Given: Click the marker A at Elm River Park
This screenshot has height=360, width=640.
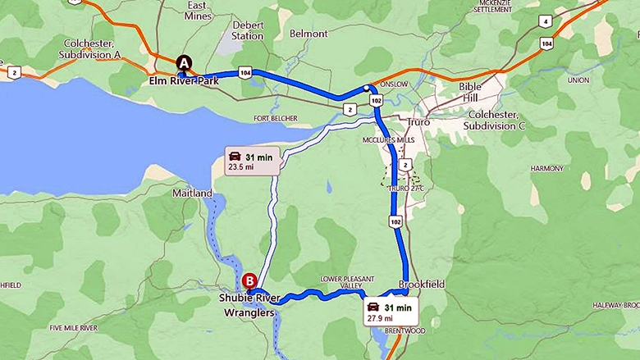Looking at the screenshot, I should [x=184, y=62].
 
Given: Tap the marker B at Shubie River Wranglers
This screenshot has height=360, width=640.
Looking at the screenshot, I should [x=249, y=280].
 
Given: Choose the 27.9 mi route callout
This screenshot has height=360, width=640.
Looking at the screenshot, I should [x=391, y=311].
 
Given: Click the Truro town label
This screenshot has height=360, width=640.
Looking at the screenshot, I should [x=418, y=122].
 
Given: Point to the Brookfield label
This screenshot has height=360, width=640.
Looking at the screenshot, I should [x=422, y=284].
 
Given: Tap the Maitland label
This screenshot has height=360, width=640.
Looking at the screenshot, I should [x=193, y=194].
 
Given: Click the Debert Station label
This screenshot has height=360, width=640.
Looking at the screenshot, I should [x=247, y=30].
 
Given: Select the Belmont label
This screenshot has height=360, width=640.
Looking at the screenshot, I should [x=309, y=34].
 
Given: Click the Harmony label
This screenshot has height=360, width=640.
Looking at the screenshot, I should [x=547, y=168].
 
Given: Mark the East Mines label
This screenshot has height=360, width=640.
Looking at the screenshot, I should [x=199, y=11].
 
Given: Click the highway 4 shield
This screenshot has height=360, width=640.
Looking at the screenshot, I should [x=545, y=21].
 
